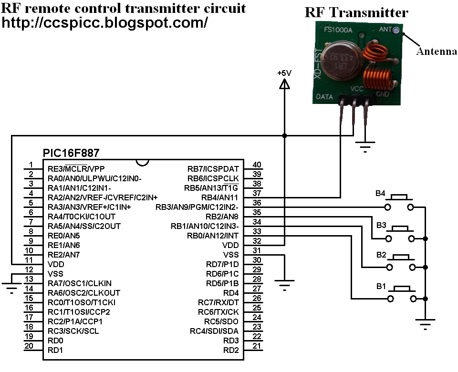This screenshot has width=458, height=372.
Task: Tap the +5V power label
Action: (284, 73)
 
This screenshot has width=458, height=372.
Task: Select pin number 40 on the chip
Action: (257, 165)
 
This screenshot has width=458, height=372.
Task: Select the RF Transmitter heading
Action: (356, 13)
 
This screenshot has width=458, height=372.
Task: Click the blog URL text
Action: (105, 22)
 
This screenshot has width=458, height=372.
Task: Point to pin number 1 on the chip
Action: (31, 165)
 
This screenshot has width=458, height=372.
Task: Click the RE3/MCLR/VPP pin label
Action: (76, 169)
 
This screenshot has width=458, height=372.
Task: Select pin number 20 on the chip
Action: (29, 346)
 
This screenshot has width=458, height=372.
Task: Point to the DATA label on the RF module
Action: (324, 97)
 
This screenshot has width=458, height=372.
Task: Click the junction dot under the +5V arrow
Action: (284, 136)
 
